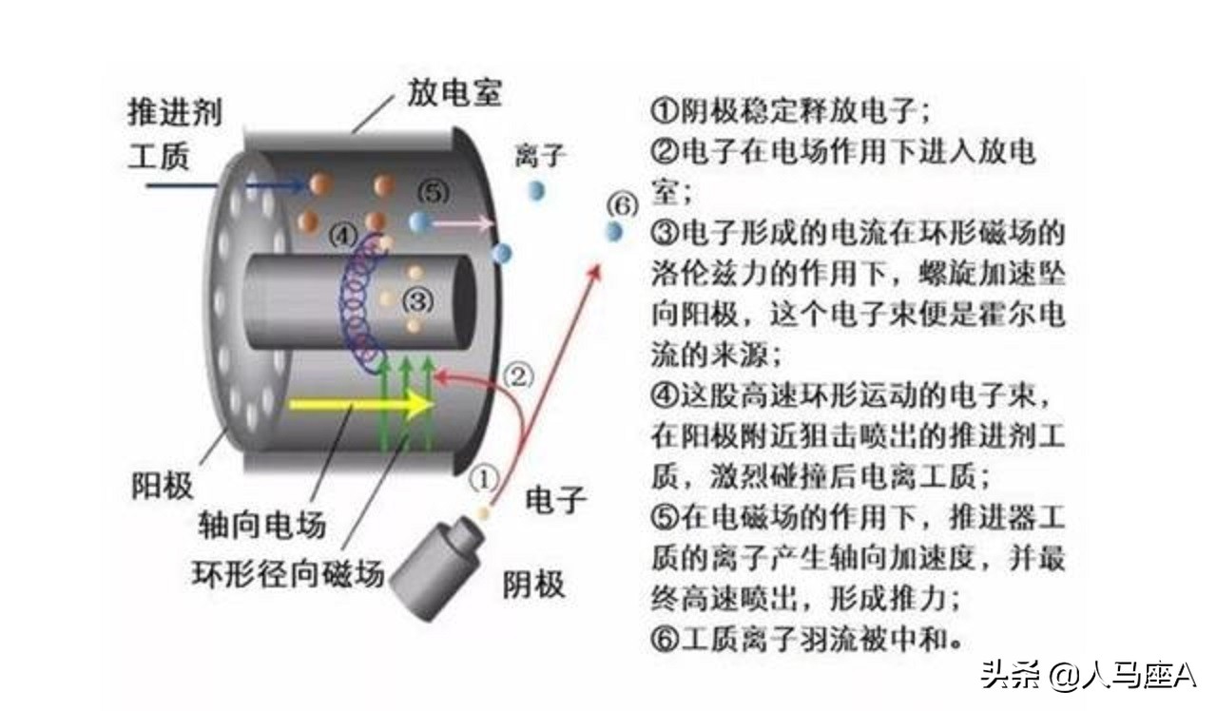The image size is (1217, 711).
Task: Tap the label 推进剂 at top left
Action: pyautogui.click(x=175, y=112)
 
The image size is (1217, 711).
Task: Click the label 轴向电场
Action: pyautogui.click(x=261, y=524)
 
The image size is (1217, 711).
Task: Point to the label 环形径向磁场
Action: pyautogui.click(x=289, y=575)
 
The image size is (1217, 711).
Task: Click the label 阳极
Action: pyautogui.click(x=162, y=486)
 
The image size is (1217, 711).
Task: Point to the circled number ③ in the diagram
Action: pyautogui.click(x=417, y=300)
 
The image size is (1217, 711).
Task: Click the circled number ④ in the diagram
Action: pyautogui.click(x=343, y=234)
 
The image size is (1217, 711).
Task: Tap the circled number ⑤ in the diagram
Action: pyautogui.click(x=431, y=192)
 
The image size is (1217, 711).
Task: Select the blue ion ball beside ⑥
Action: pyautogui.click(x=613, y=231)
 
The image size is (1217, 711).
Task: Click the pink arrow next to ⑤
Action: pyautogui.click(x=463, y=224)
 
